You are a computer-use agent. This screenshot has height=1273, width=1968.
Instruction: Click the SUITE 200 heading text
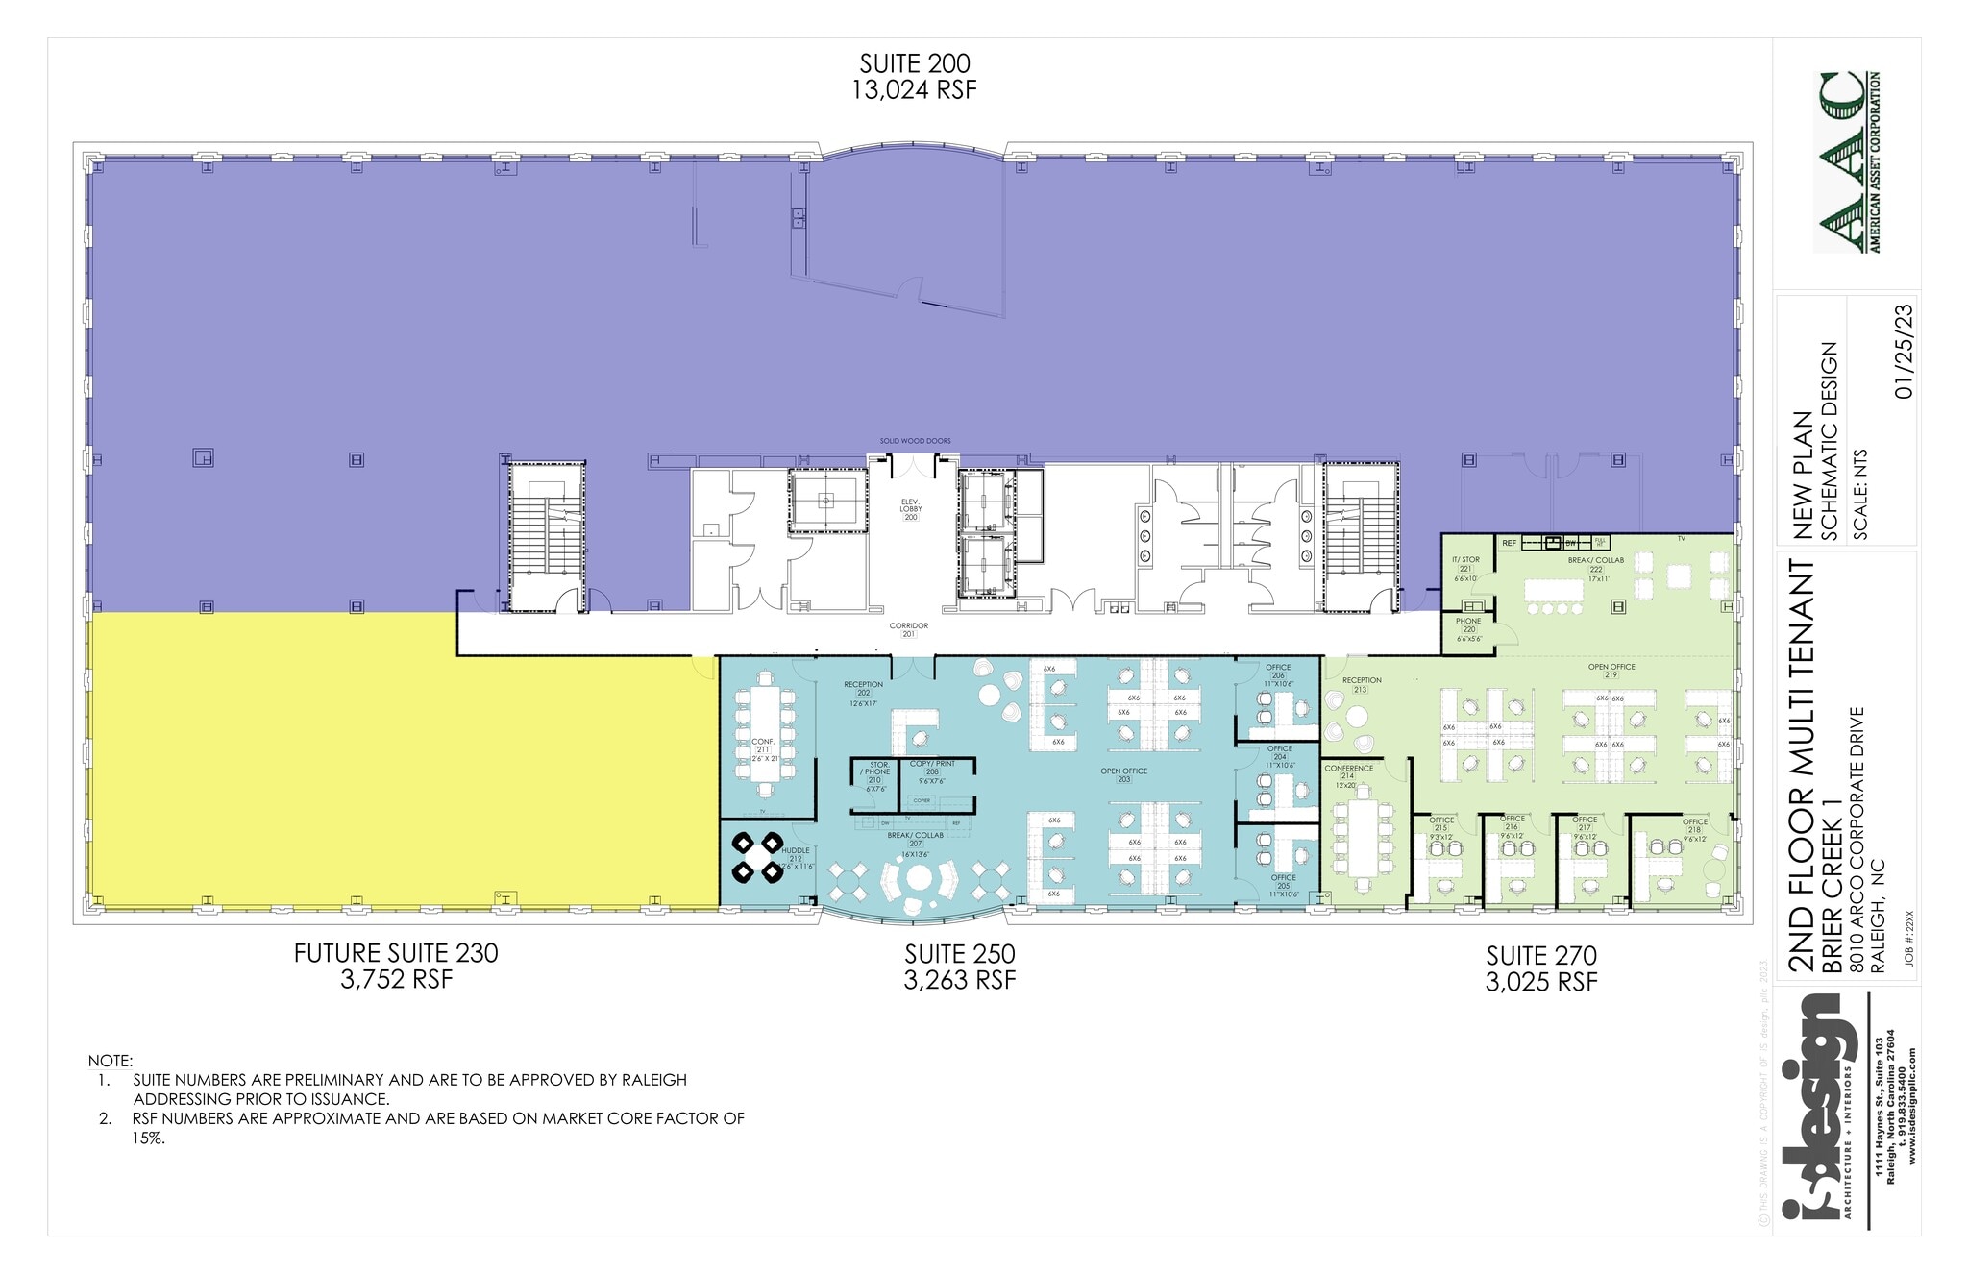point(914,63)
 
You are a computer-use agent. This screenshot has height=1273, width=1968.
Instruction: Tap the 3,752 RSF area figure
point(396,980)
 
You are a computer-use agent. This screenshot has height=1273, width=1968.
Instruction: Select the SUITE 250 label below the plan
point(959,954)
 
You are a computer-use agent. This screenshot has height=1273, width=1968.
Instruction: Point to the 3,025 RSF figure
point(1541,982)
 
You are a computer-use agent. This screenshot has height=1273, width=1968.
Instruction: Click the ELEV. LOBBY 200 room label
point(910,508)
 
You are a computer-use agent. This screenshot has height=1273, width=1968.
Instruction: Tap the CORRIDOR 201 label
point(908,629)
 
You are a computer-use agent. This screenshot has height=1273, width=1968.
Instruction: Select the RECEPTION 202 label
point(863,689)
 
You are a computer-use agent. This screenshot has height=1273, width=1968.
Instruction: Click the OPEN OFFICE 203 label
point(1123,774)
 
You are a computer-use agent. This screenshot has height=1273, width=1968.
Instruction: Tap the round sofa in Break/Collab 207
point(919,879)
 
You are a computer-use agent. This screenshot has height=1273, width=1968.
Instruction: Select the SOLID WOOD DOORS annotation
point(915,441)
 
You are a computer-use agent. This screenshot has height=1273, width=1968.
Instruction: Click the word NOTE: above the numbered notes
point(111,1061)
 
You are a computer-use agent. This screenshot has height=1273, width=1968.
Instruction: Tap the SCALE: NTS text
point(1860,496)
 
